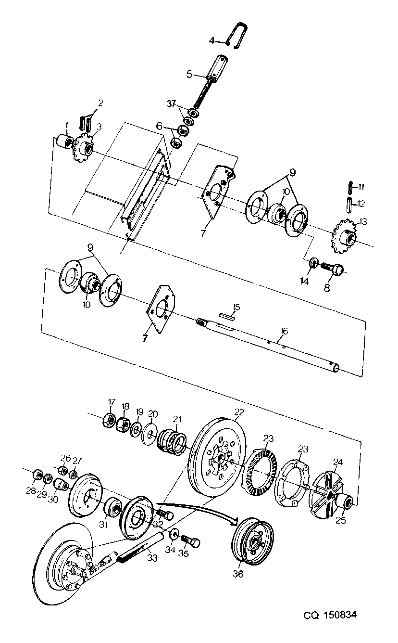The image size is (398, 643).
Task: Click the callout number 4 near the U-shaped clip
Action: tap(211, 41)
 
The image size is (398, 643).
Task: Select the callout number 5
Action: tap(189, 74)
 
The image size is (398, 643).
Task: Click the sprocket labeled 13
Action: tap(343, 236)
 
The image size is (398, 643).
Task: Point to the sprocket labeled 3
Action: tap(84, 150)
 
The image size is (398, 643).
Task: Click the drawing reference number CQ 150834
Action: tap(330, 615)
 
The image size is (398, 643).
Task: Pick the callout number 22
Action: tap(239, 412)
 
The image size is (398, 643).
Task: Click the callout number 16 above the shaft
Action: tap(284, 331)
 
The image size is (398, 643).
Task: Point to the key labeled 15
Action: tap(227, 316)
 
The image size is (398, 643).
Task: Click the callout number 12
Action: tap(361, 204)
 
